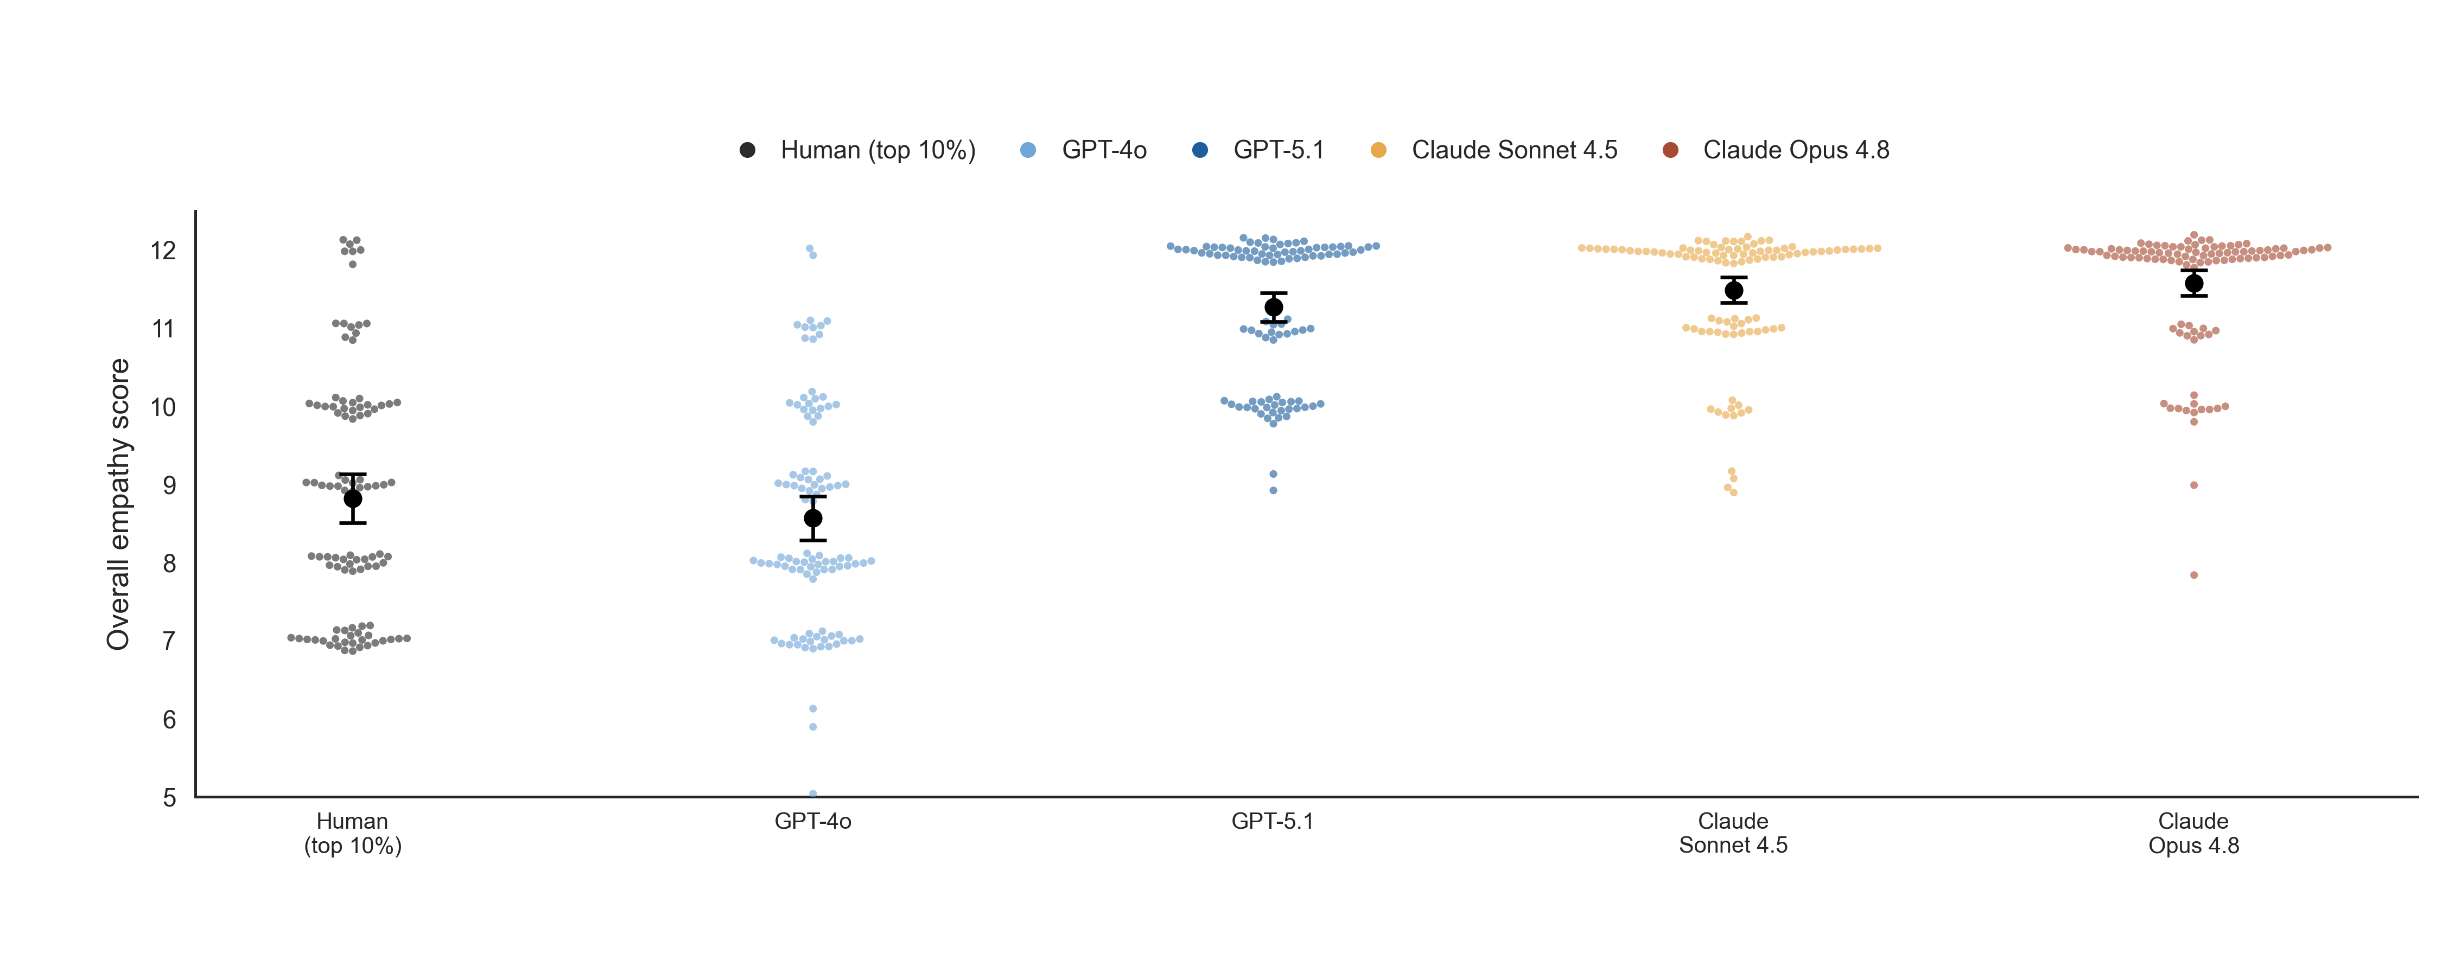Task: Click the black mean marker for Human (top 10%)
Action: (x=353, y=498)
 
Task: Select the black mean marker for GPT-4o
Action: (x=812, y=519)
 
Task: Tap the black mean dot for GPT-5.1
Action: (x=1273, y=307)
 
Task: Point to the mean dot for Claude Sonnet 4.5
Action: (x=1733, y=290)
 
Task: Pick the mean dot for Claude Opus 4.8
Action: (x=2193, y=283)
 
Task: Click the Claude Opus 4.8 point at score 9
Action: (x=2193, y=485)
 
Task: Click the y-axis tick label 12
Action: (x=163, y=250)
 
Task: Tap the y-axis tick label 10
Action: (x=163, y=407)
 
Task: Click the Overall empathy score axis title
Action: (x=118, y=504)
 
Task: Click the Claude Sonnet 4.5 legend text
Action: (x=1514, y=150)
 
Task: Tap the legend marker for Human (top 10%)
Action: (x=747, y=150)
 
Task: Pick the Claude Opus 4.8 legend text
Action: (x=1796, y=150)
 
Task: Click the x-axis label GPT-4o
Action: (x=812, y=821)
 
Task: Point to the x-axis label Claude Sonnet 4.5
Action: (x=1733, y=833)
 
